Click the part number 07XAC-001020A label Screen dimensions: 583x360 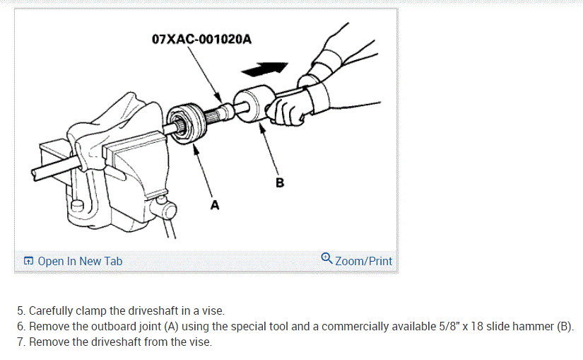tap(201, 38)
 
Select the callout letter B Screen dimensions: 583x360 tap(280, 182)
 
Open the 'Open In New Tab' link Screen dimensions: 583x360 tap(80, 261)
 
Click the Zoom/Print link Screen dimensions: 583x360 tap(363, 261)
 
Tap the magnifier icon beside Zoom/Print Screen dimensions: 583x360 tap(326, 259)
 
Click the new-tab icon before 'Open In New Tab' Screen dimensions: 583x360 tap(28, 261)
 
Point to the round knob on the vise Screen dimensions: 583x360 tap(167, 210)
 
